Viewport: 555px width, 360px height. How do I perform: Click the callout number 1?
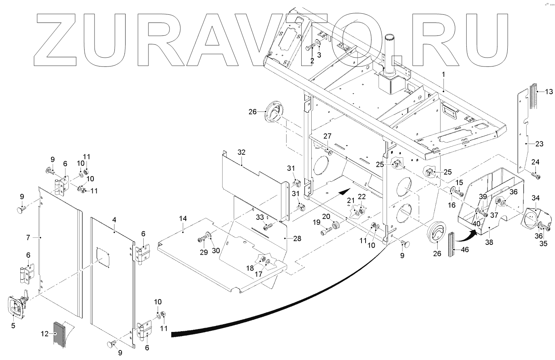point(443,74)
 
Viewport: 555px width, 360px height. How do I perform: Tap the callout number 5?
point(13,326)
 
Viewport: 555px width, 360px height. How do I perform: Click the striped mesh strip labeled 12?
point(59,334)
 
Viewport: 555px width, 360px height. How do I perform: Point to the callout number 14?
point(183,219)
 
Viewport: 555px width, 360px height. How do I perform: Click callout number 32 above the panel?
point(241,152)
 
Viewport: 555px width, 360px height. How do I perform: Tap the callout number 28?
point(297,239)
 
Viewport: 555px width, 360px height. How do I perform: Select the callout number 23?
point(539,144)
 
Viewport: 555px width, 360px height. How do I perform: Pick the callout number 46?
point(465,250)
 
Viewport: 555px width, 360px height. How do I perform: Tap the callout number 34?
point(535,198)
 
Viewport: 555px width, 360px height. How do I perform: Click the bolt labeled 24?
point(537,176)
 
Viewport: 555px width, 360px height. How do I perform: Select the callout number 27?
point(328,136)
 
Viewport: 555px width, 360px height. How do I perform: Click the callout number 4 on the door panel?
point(114,220)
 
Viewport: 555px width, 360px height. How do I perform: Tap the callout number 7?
point(28,238)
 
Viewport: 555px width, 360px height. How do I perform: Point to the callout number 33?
point(260,217)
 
